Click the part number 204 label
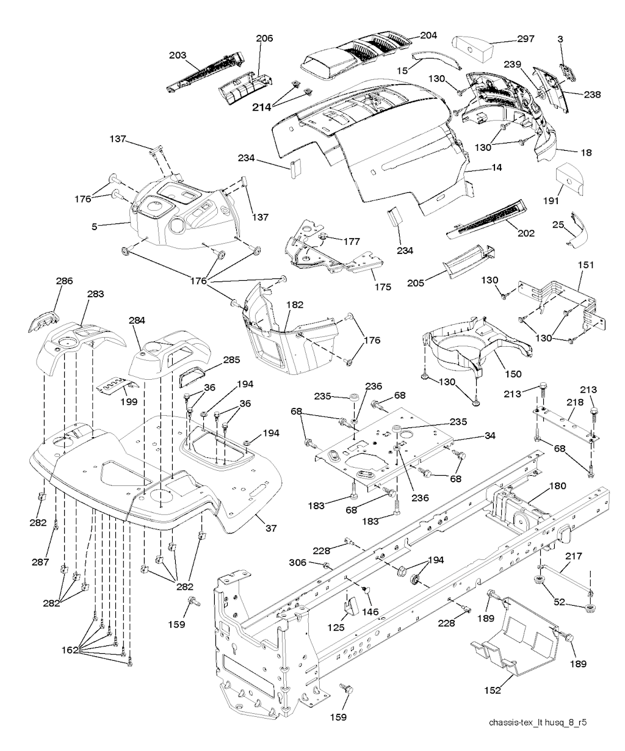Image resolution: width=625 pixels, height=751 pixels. [428, 35]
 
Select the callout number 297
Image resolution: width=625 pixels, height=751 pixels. [525, 39]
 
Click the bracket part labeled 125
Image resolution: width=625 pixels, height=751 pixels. [350, 606]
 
